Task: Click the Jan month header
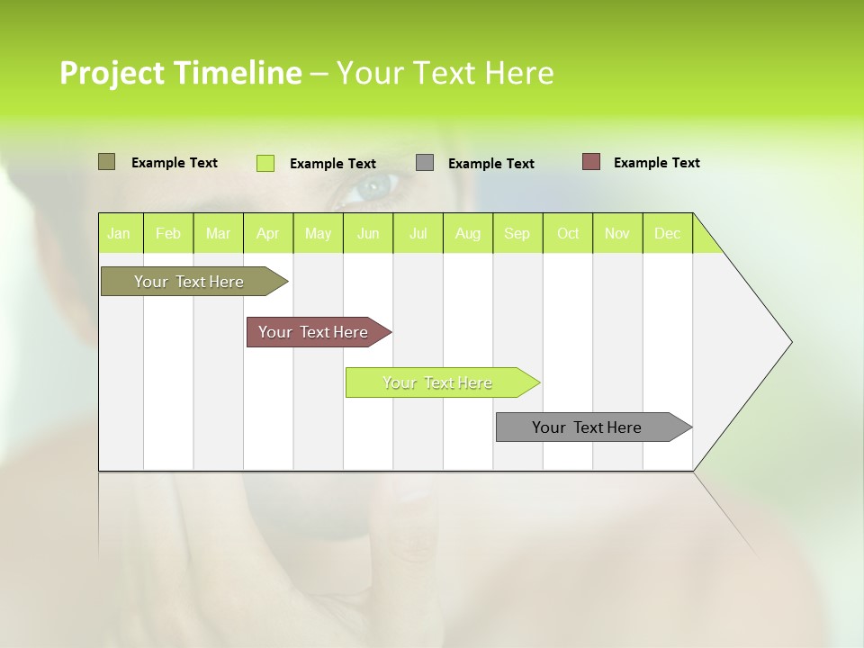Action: click(120, 234)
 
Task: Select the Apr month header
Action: click(268, 234)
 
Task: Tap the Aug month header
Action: click(467, 234)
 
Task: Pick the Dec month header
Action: click(667, 234)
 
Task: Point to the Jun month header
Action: click(368, 234)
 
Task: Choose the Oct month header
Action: click(568, 234)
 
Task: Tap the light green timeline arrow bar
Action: click(438, 382)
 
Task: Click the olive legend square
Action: click(106, 162)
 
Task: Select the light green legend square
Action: click(265, 163)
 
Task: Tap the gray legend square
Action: click(425, 163)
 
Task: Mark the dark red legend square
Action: click(590, 162)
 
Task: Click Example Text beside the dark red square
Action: click(656, 163)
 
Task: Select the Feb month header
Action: click(168, 234)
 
